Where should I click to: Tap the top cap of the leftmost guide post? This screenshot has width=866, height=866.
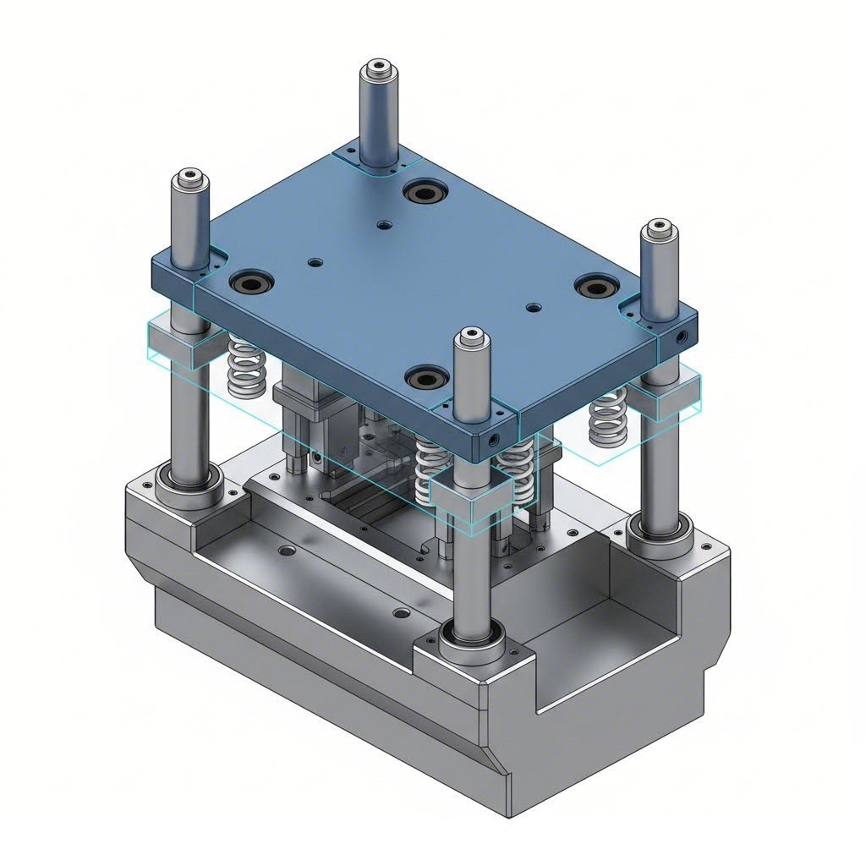point(189,177)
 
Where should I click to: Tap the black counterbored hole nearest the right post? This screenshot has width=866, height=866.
point(597,288)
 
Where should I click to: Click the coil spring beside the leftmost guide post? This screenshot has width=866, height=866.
point(245,368)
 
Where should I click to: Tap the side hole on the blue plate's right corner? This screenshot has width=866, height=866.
point(682,336)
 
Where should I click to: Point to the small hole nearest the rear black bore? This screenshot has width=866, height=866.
point(385,225)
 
